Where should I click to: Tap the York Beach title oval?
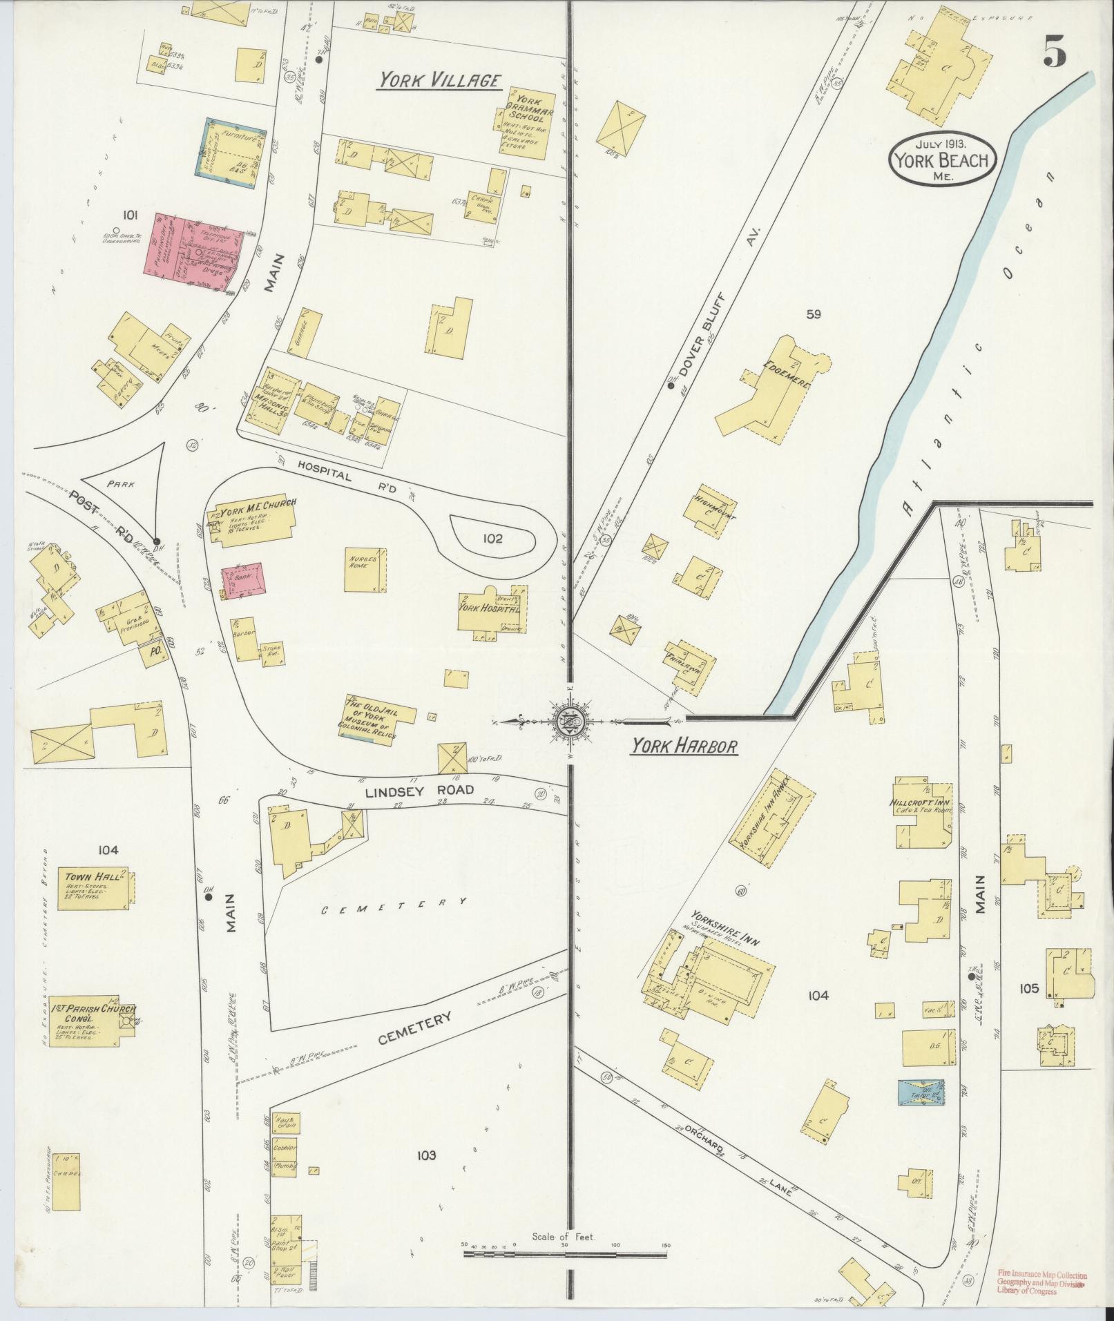pyautogui.click(x=942, y=160)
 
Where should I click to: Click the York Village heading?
pyautogui.click(x=439, y=81)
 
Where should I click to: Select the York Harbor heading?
pyautogui.click(x=684, y=746)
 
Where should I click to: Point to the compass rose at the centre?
pyautogui.click(x=570, y=722)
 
